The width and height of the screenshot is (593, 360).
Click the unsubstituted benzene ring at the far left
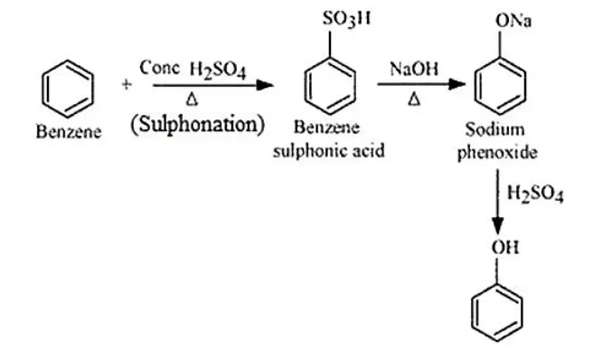point(42,89)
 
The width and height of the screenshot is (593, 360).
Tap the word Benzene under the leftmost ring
point(69,132)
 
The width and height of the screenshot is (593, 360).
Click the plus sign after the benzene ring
point(127,84)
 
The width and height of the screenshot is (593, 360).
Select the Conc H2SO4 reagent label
point(193,70)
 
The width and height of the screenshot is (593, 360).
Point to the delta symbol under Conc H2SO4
point(193,99)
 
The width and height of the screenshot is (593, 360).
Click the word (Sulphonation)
point(197,125)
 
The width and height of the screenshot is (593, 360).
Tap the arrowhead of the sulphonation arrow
point(265,85)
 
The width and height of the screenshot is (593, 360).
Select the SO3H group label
point(346,19)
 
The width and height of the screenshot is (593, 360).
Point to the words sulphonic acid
point(329,151)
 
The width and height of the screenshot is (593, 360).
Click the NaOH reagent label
point(414,69)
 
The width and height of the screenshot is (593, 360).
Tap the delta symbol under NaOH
point(415,99)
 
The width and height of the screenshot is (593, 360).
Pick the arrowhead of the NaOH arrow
point(457,84)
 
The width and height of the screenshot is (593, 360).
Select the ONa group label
point(513,21)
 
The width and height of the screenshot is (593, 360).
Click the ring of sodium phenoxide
point(475,86)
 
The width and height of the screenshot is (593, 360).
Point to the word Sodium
point(494,129)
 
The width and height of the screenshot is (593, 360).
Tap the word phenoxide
point(497,153)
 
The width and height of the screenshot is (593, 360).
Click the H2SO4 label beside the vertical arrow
point(535,194)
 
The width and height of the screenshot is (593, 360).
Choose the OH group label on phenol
point(505,248)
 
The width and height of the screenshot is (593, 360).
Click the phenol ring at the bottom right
point(473,313)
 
